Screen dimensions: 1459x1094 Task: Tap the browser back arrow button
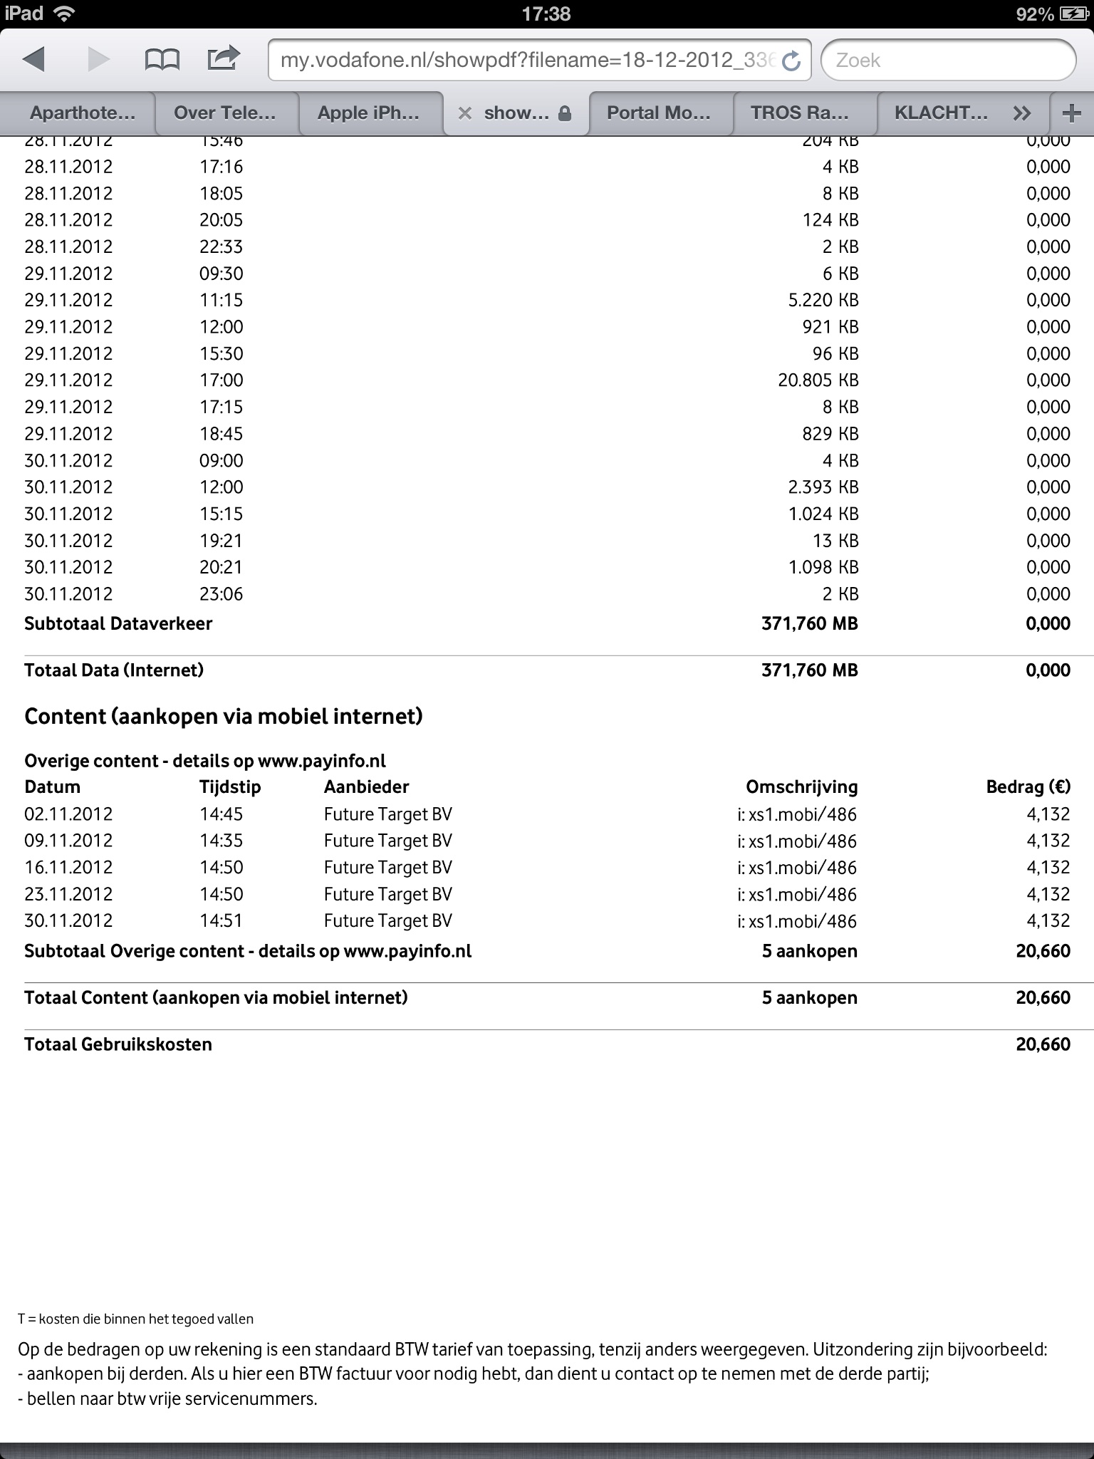tap(33, 59)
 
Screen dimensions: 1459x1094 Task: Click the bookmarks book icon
tap(162, 59)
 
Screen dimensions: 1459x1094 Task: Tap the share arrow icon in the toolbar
tap(223, 58)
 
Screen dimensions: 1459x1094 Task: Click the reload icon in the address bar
tap(791, 61)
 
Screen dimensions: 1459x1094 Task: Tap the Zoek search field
tap(947, 60)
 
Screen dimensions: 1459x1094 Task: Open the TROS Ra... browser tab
tap(799, 113)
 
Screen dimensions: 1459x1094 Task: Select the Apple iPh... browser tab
tap(368, 113)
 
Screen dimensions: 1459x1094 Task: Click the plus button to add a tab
tap(1071, 113)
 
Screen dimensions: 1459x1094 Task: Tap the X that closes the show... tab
tap(465, 113)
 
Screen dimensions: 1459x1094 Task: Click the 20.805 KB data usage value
tap(818, 380)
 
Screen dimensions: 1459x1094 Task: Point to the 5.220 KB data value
tap(823, 300)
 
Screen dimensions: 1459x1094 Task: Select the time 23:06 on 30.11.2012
tap(221, 594)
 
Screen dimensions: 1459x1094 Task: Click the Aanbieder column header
tap(366, 787)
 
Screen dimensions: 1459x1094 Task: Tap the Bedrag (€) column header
tap(1028, 787)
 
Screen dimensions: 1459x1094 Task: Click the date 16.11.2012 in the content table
tap(68, 868)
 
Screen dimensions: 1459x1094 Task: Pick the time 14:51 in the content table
tap(221, 921)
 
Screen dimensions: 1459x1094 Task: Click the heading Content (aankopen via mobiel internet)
tap(224, 717)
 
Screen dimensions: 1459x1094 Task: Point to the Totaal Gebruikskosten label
tap(118, 1044)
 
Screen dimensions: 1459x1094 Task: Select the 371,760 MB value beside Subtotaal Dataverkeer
tap(809, 624)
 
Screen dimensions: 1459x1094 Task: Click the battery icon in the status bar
tap(1072, 14)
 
